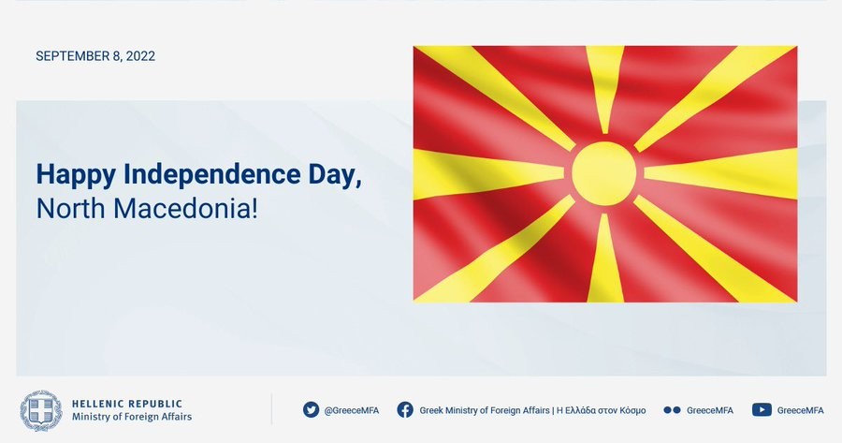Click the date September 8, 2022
click(x=95, y=56)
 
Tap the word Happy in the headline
click(x=76, y=176)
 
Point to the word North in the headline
click(x=70, y=209)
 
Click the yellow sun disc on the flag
click(x=604, y=173)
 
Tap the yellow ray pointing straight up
click(x=604, y=89)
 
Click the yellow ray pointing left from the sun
click(x=488, y=173)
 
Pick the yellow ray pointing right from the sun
click(x=720, y=173)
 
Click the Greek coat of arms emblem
click(x=41, y=411)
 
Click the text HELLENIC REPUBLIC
click(x=127, y=404)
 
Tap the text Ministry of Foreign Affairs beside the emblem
click(x=132, y=417)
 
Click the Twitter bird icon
click(x=311, y=409)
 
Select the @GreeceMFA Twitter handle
click(x=351, y=410)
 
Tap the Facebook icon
click(x=405, y=409)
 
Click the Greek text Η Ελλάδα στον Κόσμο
click(x=601, y=410)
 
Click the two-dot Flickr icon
click(x=672, y=409)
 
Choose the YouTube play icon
click(x=762, y=409)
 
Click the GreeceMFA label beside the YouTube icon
click(x=800, y=410)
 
